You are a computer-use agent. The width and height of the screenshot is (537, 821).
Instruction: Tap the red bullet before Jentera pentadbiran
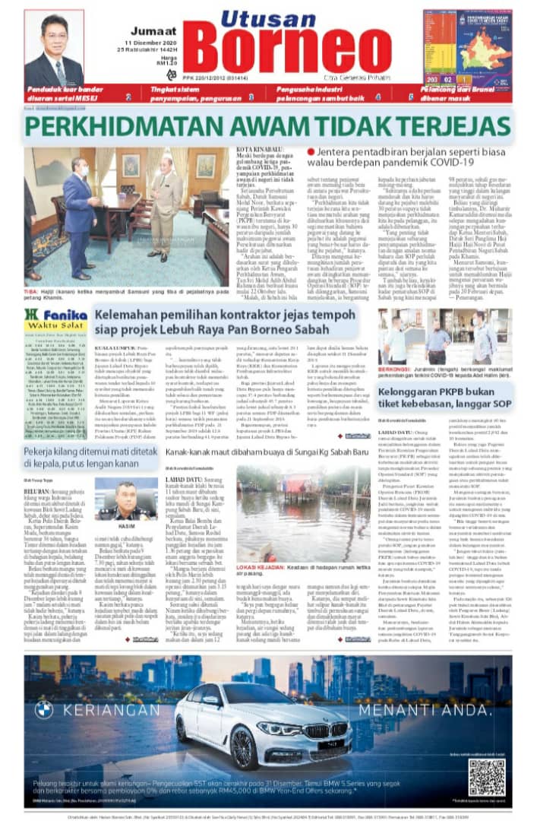(x=311, y=152)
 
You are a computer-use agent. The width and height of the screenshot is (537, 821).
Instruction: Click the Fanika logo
(x=66, y=315)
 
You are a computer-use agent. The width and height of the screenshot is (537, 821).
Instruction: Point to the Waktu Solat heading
(x=65, y=328)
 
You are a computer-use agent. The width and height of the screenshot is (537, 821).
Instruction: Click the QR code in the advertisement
(x=486, y=776)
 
